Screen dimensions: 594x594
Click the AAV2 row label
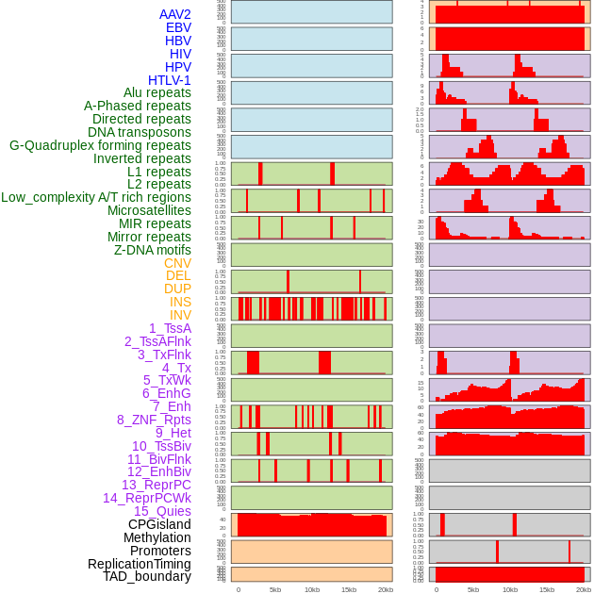(x=174, y=14)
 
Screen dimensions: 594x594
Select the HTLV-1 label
(x=169, y=80)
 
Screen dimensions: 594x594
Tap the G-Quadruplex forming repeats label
(x=100, y=145)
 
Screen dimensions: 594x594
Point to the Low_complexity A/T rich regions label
(x=96, y=197)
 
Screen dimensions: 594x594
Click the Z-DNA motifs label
(x=152, y=250)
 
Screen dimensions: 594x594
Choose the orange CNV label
(x=177, y=263)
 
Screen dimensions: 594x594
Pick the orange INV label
(x=180, y=315)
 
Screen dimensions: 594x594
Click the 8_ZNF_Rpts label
(x=154, y=420)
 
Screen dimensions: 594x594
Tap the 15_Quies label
(x=161, y=511)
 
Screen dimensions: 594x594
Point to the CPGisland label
(x=159, y=524)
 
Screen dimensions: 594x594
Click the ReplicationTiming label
(x=139, y=564)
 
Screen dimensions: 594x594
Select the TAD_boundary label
(x=146, y=576)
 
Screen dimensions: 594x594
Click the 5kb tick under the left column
(x=275, y=589)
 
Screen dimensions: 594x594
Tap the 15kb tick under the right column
(x=547, y=589)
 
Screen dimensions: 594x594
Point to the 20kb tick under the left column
(x=386, y=589)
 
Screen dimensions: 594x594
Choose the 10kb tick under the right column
(x=510, y=589)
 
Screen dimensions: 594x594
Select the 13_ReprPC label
(x=156, y=485)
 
